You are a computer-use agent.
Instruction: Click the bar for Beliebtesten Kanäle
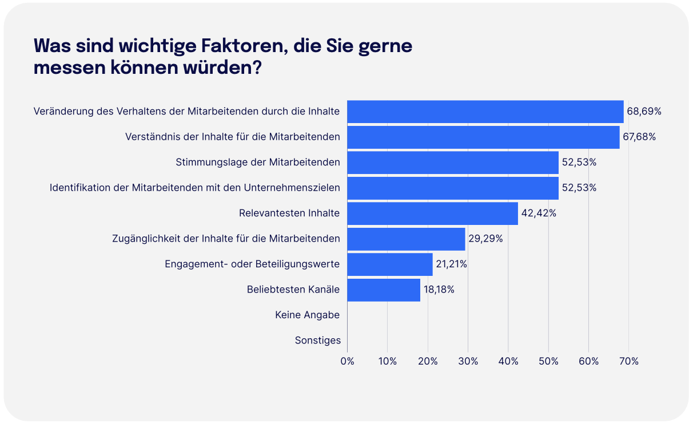(384, 290)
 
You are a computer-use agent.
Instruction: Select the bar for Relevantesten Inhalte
(432, 214)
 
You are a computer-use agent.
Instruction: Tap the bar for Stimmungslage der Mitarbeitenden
(452, 163)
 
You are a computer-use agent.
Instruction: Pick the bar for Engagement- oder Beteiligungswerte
(390, 264)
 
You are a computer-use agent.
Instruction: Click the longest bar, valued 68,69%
(485, 112)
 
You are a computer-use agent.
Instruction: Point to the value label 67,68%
(639, 137)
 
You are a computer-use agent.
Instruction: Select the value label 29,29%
(485, 239)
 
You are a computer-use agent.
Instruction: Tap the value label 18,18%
(439, 290)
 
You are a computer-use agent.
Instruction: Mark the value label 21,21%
(452, 264)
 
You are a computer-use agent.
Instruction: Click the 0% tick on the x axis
(347, 361)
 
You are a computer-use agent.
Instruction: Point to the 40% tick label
(508, 361)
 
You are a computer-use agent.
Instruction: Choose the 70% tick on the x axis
(629, 361)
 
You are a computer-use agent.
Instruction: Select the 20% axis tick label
(428, 361)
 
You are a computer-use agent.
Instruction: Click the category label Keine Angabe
(307, 315)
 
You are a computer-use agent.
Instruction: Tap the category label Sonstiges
(317, 341)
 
